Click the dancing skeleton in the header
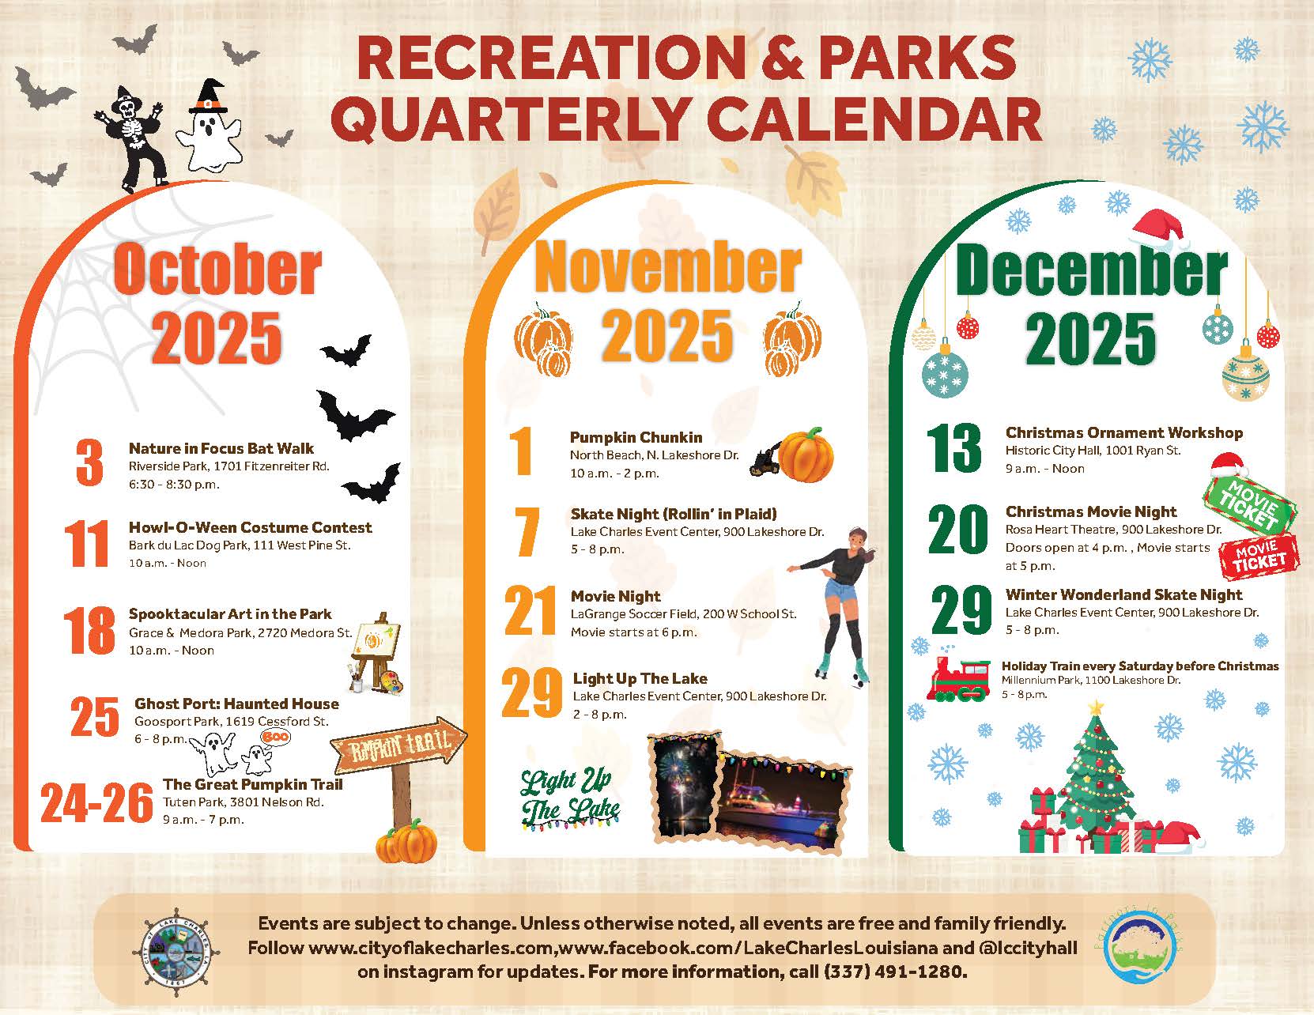coord(130,139)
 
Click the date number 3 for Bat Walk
coord(89,462)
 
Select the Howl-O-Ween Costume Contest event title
coord(251,527)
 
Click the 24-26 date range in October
coord(96,803)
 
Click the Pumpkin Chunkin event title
coord(636,437)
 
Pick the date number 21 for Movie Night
coord(531,610)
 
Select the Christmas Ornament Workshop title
coord(1124,433)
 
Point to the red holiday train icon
coord(959,678)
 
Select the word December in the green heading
coord(1092,270)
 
